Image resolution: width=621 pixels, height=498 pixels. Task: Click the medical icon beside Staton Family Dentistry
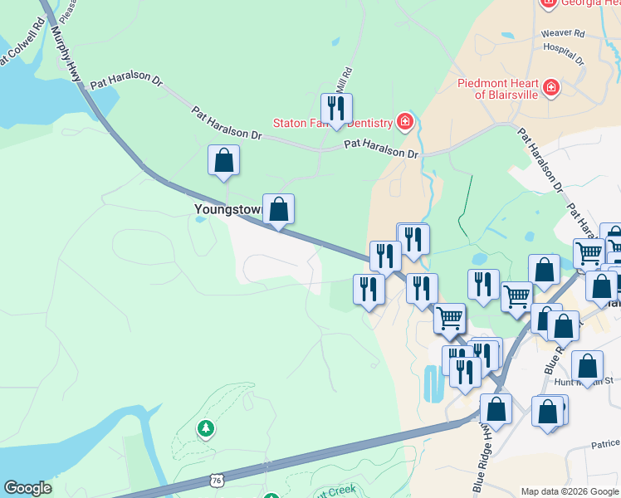pyautogui.click(x=404, y=123)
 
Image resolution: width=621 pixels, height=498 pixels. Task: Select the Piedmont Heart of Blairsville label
pyautogui.click(x=497, y=88)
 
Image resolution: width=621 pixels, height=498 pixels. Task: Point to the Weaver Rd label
pyautogui.click(x=563, y=34)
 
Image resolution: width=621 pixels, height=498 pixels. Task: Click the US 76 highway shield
pyautogui.click(x=217, y=480)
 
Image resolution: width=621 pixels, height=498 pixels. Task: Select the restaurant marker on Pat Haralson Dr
pyautogui.click(x=336, y=108)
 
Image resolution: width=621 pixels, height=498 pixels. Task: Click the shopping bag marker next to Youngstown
pyautogui.click(x=279, y=209)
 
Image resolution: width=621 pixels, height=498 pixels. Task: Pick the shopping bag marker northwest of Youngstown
pyautogui.click(x=223, y=159)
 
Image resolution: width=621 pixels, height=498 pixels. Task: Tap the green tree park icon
pyautogui.click(x=205, y=428)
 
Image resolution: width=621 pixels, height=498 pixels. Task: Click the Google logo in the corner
pyautogui.click(x=27, y=488)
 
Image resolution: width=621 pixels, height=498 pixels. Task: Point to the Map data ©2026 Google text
pyautogui.click(x=570, y=491)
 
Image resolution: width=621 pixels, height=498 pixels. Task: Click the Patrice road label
pyautogui.click(x=606, y=445)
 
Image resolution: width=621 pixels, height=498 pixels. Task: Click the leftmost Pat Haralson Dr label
pyautogui.click(x=126, y=81)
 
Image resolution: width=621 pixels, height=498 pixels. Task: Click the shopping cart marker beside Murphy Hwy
pyautogui.click(x=449, y=317)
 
